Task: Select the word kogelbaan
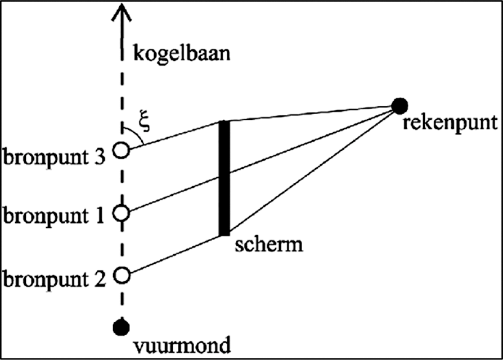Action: (x=182, y=53)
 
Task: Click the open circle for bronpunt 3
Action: (x=122, y=150)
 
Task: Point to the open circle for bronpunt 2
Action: (x=122, y=276)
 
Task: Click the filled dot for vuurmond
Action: (x=122, y=327)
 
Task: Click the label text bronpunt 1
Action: (x=53, y=216)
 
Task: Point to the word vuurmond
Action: (x=182, y=345)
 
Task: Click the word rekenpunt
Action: (x=450, y=123)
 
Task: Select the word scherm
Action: (x=269, y=245)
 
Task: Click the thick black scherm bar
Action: (x=224, y=178)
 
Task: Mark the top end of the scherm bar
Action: (x=224, y=120)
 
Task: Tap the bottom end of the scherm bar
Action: (x=224, y=236)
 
